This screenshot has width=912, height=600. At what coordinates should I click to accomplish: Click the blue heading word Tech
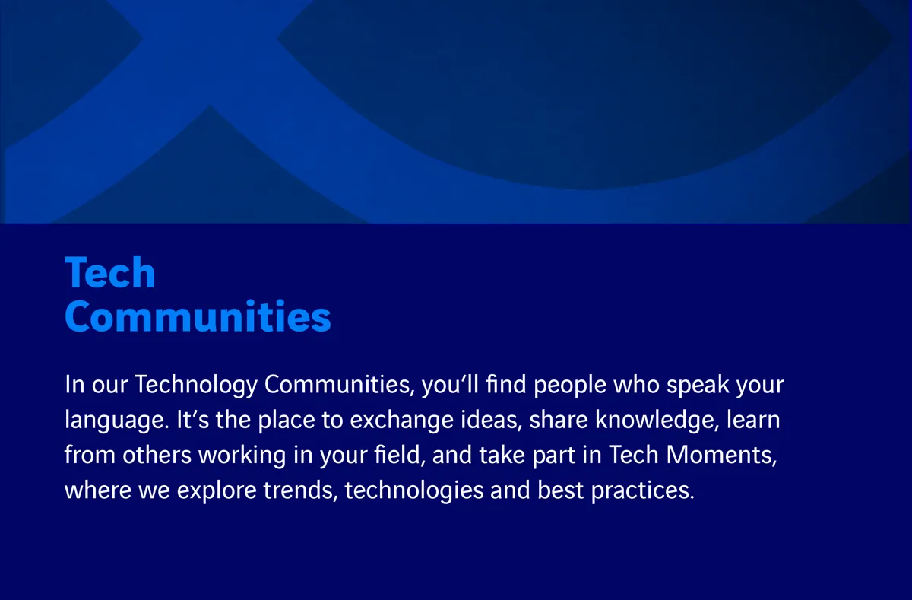[x=110, y=272]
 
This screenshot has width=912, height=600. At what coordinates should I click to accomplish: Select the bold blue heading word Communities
[x=198, y=316]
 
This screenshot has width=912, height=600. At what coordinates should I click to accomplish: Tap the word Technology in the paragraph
[x=196, y=385]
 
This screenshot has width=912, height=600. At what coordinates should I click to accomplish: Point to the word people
[x=570, y=386]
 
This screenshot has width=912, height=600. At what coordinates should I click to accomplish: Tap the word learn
[x=753, y=420]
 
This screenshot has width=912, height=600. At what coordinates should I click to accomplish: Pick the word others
[x=157, y=455]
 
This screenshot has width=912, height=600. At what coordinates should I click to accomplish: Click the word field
[x=400, y=455]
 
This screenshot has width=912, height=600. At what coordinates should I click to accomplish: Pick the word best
[x=561, y=490]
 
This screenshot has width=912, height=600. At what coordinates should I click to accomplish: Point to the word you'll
[x=450, y=386]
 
